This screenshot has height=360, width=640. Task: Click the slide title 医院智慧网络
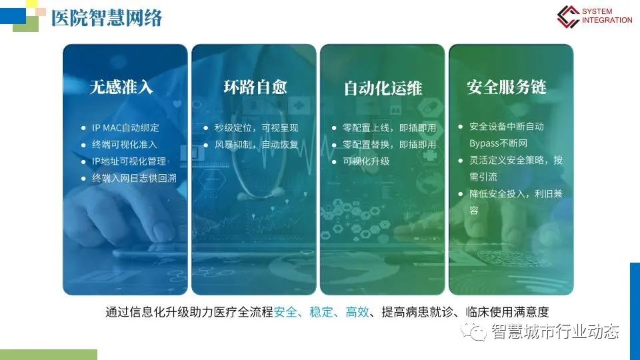tap(107, 18)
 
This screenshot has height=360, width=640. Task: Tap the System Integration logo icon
tap(568, 16)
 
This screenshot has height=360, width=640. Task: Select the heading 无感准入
tap(121, 87)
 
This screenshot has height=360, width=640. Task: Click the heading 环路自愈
tap(255, 87)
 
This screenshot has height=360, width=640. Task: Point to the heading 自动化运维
tap(383, 88)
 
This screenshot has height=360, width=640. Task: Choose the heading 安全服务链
tap(507, 87)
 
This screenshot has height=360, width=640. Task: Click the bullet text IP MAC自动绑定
tap(125, 128)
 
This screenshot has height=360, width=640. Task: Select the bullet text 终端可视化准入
tap(125, 145)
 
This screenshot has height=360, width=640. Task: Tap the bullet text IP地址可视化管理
tap(129, 161)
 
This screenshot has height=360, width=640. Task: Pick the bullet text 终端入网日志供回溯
tap(134, 178)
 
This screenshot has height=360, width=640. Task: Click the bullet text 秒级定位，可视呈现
tap(256, 128)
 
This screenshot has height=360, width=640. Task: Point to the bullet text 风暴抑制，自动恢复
tap(256, 145)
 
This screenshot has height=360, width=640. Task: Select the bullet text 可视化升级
tap(366, 161)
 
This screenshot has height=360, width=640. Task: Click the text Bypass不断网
tap(499, 143)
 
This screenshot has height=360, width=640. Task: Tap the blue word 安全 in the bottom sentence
tap(286, 312)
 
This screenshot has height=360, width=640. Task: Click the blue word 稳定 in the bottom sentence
tap(321, 312)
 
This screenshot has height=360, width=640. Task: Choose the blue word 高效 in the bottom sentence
tap(357, 312)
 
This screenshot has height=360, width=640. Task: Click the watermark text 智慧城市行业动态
tap(555, 331)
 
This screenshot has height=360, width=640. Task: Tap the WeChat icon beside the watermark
tap(474, 331)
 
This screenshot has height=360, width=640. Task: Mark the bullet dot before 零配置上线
tap(334, 128)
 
